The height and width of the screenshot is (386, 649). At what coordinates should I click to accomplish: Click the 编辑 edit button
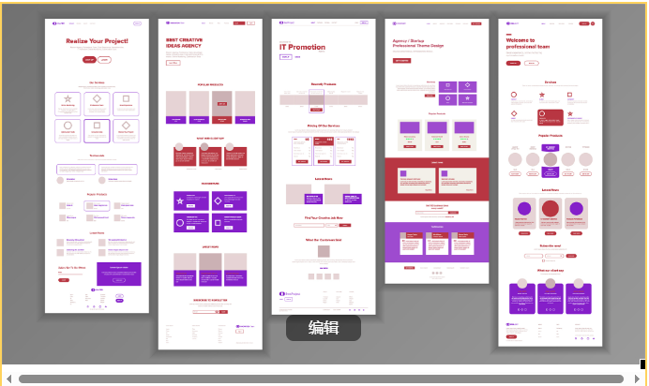click(323, 328)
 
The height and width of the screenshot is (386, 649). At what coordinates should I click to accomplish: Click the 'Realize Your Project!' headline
click(97, 41)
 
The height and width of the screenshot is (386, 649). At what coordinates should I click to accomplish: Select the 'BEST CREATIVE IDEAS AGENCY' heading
click(186, 43)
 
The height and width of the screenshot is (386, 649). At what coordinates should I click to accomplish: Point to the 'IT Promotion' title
click(302, 45)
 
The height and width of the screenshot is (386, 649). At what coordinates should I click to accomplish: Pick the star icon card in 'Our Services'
click(68, 100)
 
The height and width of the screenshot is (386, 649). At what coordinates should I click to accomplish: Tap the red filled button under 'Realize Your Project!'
click(89, 59)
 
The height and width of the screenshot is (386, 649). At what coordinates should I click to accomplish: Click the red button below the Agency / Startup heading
click(401, 60)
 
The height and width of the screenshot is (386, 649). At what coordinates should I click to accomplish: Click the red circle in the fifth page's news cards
click(551, 209)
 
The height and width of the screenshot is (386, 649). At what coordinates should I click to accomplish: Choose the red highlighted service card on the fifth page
click(551, 117)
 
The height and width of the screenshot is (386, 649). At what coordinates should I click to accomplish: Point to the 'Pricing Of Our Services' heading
click(323, 125)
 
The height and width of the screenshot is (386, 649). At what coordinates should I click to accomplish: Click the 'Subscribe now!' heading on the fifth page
click(551, 245)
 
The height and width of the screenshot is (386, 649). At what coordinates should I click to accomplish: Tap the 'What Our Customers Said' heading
click(323, 240)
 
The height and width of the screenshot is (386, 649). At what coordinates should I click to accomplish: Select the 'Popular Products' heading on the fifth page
click(551, 136)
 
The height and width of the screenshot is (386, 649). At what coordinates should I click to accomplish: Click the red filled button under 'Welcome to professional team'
click(513, 63)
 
